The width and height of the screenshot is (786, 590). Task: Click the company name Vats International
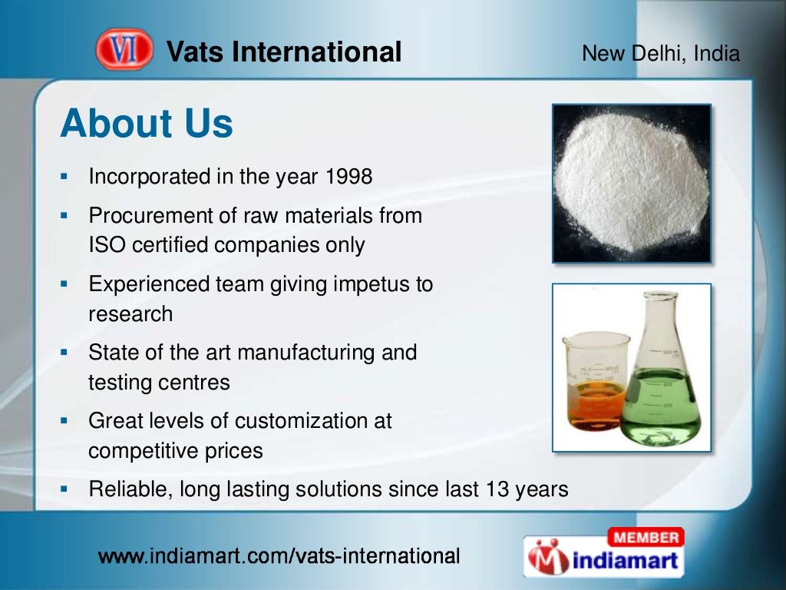(284, 52)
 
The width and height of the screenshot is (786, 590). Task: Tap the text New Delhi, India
(660, 54)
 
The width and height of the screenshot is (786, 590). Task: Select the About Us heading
(147, 123)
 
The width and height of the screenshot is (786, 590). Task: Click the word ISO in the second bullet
(107, 245)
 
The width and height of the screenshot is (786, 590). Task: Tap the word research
(130, 313)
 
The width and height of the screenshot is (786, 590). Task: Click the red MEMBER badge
(646, 536)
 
